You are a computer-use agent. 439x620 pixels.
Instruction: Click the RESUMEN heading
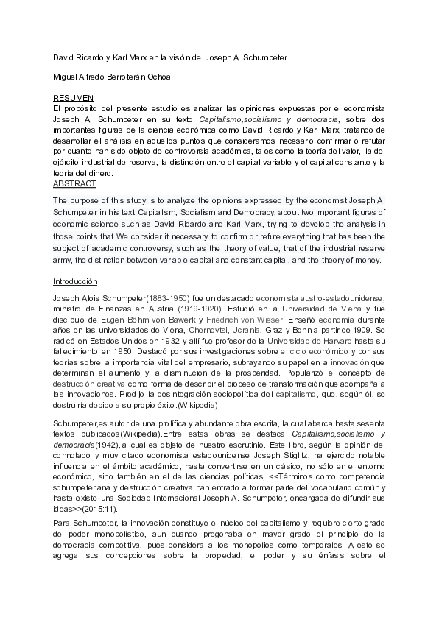74,97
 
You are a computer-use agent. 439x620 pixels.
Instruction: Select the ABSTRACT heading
74,183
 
